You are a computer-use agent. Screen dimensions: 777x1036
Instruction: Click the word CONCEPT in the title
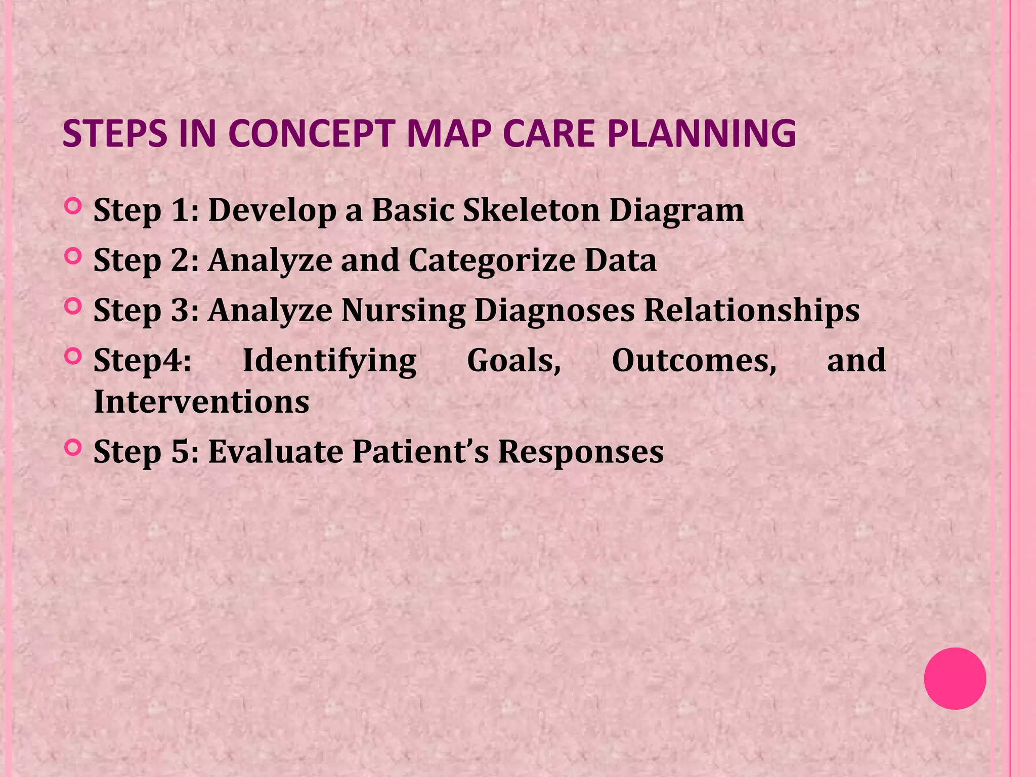(x=311, y=134)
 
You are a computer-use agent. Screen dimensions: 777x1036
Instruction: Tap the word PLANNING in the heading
(x=701, y=134)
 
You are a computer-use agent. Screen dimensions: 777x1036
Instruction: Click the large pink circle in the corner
(x=955, y=678)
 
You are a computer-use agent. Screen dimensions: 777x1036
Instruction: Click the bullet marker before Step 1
(x=73, y=207)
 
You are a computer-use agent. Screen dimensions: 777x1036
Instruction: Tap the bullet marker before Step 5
(x=73, y=448)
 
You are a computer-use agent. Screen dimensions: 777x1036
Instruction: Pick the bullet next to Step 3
(x=73, y=307)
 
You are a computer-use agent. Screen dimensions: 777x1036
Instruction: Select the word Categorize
(x=491, y=261)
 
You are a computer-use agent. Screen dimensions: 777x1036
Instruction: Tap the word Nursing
(x=403, y=311)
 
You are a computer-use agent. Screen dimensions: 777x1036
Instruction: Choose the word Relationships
(x=751, y=311)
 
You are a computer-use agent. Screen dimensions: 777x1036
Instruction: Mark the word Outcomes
(x=694, y=361)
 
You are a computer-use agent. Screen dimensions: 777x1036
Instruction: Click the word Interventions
(x=201, y=402)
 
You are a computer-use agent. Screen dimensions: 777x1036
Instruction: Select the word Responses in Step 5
(x=580, y=452)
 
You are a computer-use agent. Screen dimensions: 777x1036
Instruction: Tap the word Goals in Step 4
(x=513, y=361)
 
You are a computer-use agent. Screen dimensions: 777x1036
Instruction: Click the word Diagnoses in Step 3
(x=554, y=311)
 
